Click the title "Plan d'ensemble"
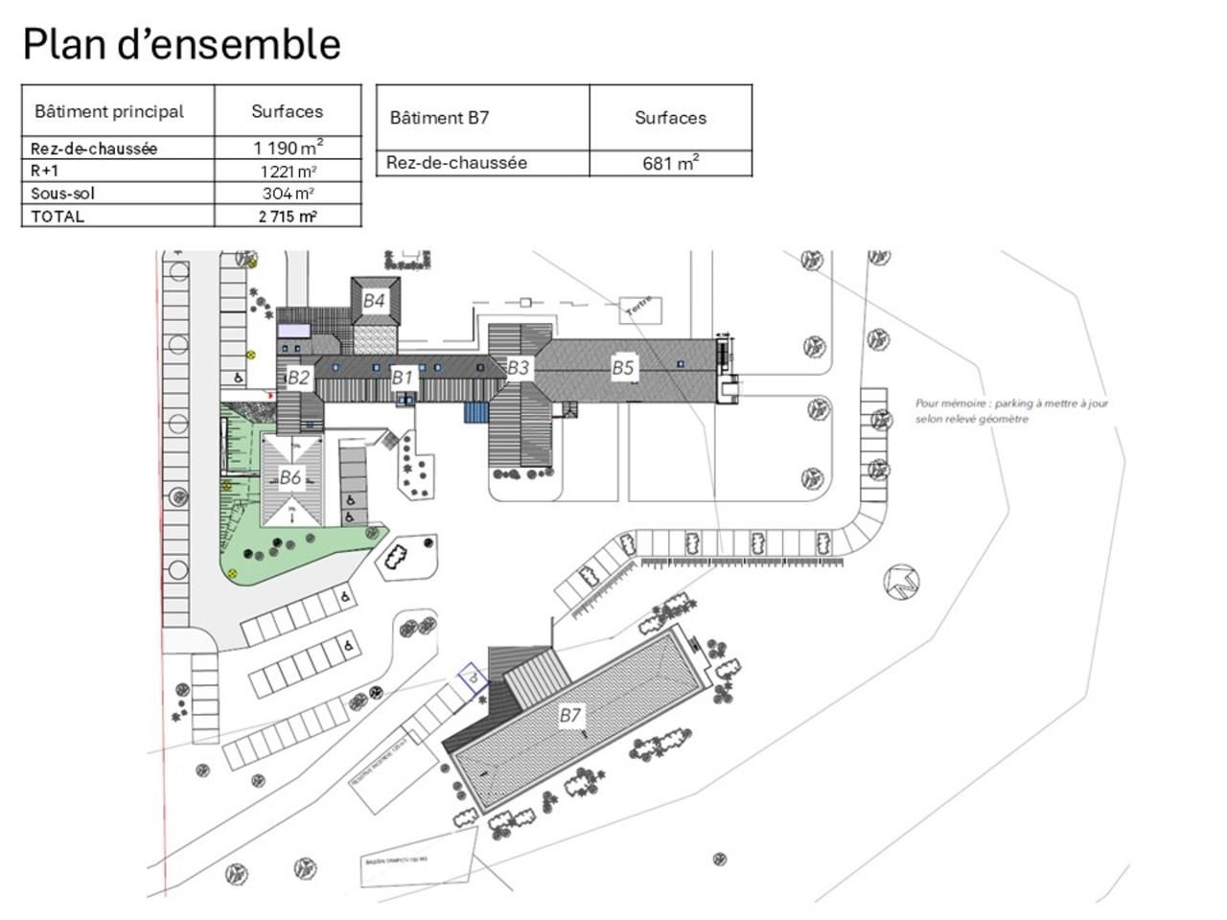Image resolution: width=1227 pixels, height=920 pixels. [181, 44]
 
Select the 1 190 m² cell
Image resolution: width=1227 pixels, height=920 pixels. [288, 148]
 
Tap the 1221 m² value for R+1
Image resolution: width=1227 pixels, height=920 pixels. [288, 172]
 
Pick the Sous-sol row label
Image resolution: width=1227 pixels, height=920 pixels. [63, 194]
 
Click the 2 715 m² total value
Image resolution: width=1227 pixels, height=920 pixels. [288, 217]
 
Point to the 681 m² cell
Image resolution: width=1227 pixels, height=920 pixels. [670, 163]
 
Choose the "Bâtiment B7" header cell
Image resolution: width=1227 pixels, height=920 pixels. [440, 118]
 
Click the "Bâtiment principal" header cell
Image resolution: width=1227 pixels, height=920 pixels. [109, 111]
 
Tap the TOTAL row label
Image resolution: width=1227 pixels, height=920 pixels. [58, 217]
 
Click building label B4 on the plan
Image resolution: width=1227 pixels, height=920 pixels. [374, 301]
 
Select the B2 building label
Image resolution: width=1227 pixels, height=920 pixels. [298, 378]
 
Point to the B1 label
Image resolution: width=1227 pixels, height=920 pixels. [402, 378]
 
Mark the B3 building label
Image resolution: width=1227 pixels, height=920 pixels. [518, 367]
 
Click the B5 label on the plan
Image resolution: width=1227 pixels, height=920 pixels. [623, 367]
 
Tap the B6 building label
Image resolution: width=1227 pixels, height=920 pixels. [290, 477]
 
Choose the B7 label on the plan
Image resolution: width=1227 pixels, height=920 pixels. [570, 715]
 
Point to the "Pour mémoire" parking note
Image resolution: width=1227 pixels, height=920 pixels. [1011, 411]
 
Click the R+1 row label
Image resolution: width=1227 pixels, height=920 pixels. [44, 171]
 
